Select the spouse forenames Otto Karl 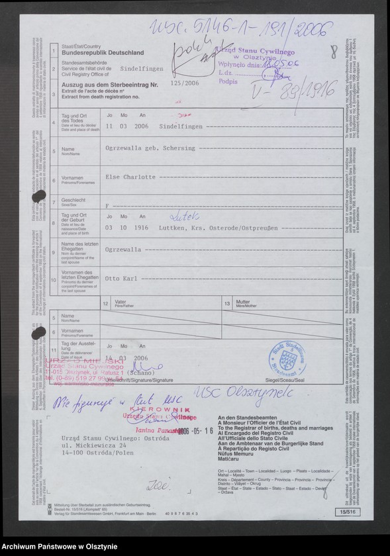tap(120, 279)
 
